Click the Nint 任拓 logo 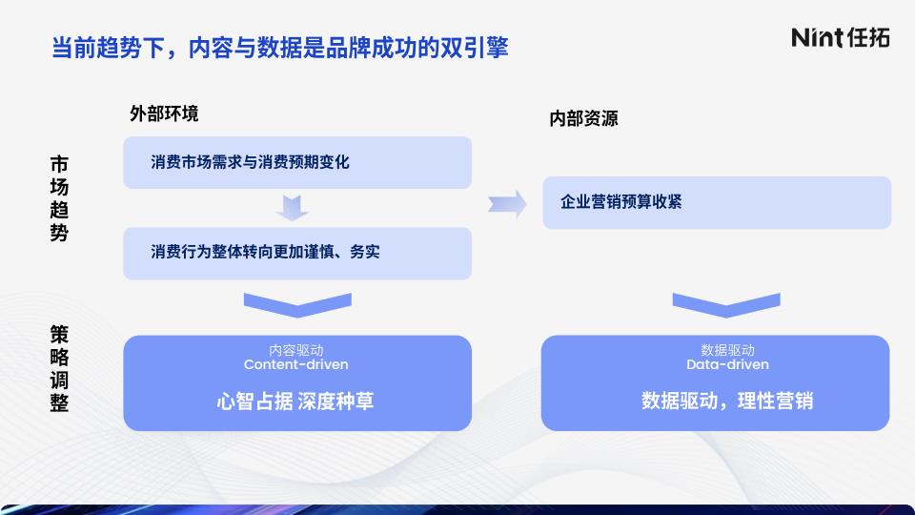point(841,37)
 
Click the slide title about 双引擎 point(279,48)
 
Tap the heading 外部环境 point(164,113)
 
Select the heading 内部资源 point(583,118)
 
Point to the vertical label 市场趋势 point(59,198)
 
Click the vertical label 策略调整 point(59,368)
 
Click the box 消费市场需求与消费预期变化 point(297,162)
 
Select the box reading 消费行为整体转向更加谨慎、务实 point(297,254)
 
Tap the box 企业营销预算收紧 point(717,202)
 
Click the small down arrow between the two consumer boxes point(292,209)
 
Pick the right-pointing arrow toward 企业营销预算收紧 point(507,204)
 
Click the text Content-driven point(295,364)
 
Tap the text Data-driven point(727,364)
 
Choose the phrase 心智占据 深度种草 point(295,402)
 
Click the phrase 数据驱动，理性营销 point(727,402)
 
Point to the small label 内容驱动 point(295,350)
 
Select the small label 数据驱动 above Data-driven point(727,350)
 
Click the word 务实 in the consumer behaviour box point(365,252)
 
